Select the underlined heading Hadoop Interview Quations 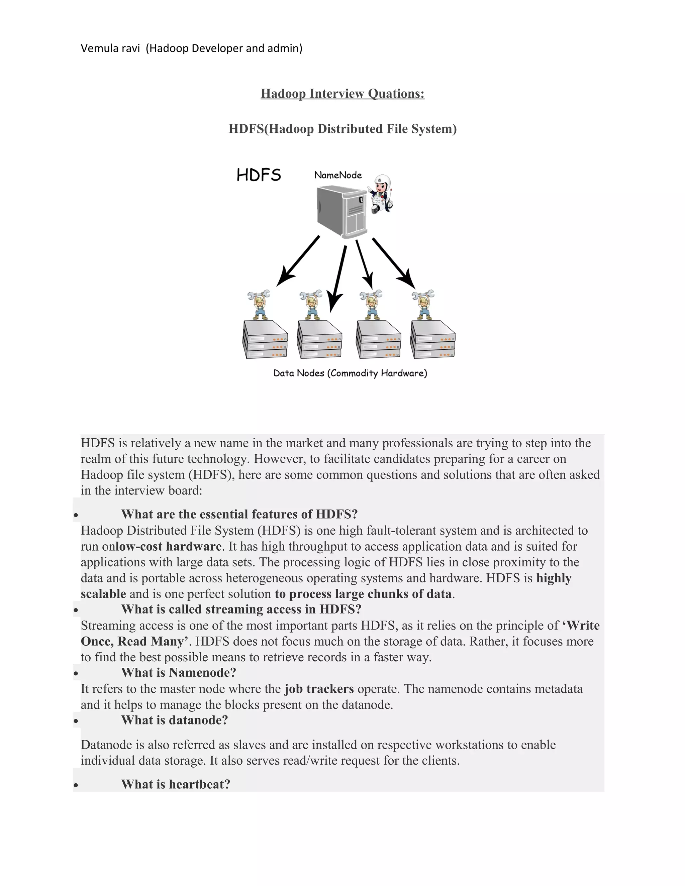[x=342, y=94]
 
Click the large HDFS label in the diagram [x=259, y=175]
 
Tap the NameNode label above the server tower [x=337, y=175]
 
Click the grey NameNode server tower [x=342, y=212]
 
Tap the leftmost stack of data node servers [x=265, y=340]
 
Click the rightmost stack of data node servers [x=432, y=340]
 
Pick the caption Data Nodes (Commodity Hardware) [x=350, y=373]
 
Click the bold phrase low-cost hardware [x=169, y=546]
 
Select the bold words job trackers [x=319, y=689]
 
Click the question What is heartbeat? [x=175, y=784]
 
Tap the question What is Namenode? [x=178, y=673]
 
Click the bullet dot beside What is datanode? [x=76, y=721]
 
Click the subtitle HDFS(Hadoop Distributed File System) [x=342, y=129]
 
